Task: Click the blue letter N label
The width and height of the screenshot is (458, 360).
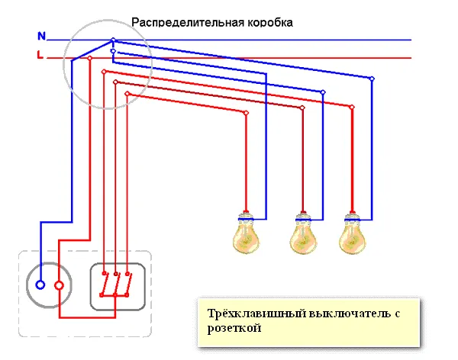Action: (40, 35)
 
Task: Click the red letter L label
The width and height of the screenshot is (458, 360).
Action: (40, 56)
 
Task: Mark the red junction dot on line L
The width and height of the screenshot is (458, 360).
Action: (90, 58)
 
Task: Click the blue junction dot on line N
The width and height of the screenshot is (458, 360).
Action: (113, 40)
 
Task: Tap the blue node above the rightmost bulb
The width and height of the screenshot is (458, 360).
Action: (373, 79)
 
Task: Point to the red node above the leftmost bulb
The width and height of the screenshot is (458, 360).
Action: (247, 112)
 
